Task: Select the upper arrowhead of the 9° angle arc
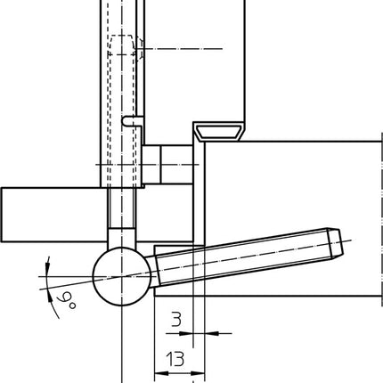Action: [43, 263]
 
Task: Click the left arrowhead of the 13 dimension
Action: [159, 372]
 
